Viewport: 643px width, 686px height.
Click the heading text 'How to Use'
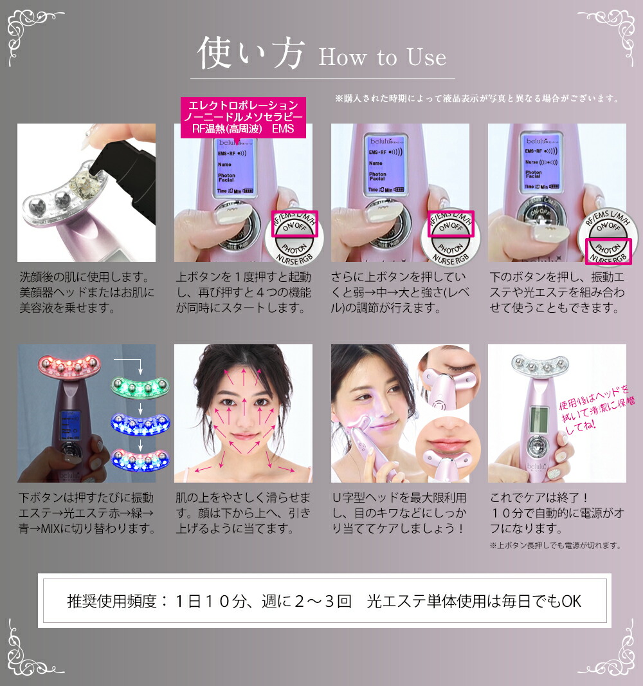(x=382, y=57)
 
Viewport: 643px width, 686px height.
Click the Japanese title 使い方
(x=250, y=53)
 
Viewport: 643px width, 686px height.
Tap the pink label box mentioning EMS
(x=242, y=116)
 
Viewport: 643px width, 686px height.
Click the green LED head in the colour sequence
(x=140, y=386)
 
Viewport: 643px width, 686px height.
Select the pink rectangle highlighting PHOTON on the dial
(x=608, y=251)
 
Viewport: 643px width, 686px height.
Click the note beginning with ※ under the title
(x=476, y=99)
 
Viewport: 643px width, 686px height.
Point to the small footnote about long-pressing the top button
(x=554, y=545)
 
